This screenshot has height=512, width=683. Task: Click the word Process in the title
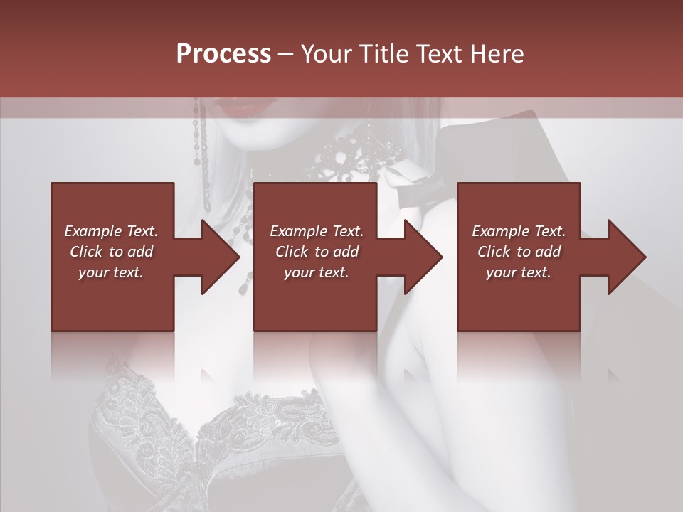pyautogui.click(x=223, y=54)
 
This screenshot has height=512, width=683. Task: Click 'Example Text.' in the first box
pyautogui.click(x=111, y=231)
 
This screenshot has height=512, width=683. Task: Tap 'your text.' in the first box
pyautogui.click(x=111, y=272)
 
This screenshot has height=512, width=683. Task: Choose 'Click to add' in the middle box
pyautogui.click(x=317, y=252)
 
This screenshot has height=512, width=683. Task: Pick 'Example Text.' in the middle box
pyautogui.click(x=317, y=231)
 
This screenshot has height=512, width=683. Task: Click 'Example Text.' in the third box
pyautogui.click(x=519, y=231)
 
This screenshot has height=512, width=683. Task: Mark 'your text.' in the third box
pyautogui.click(x=519, y=272)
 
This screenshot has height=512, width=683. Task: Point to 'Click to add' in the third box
pyautogui.click(x=519, y=252)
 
